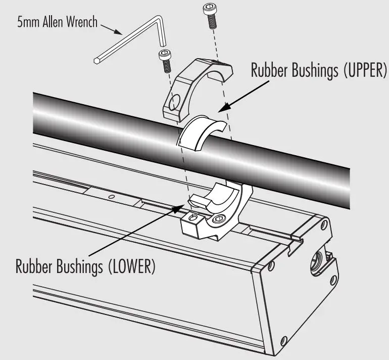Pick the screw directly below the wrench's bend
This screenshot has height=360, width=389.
[165, 60]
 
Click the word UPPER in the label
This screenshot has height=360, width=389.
[364, 71]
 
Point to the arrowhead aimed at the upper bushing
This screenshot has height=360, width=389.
[223, 107]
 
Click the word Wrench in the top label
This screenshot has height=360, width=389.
[82, 23]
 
